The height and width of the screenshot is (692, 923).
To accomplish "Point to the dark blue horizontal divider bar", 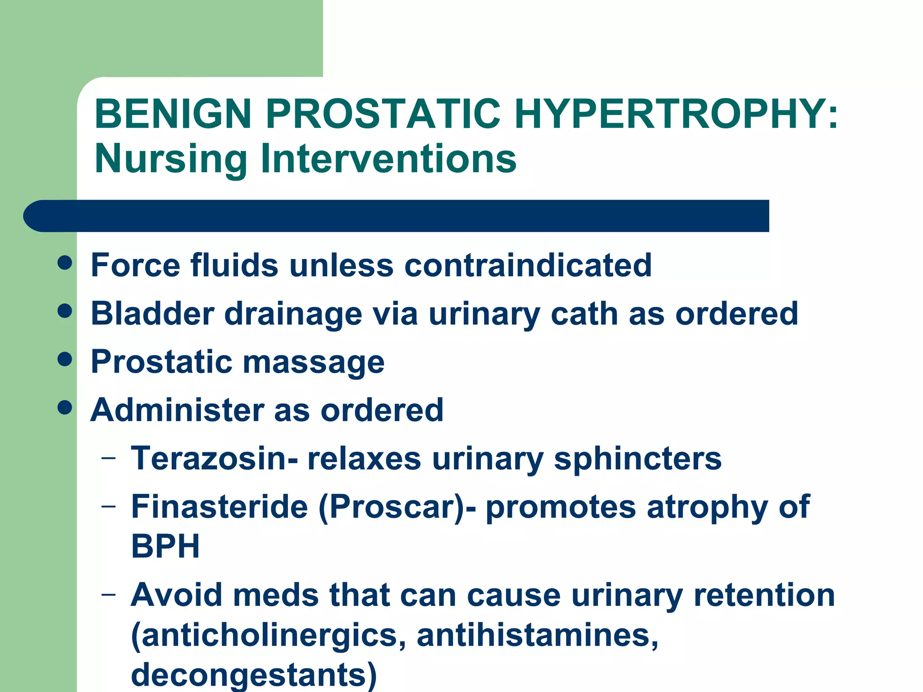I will point(397,216).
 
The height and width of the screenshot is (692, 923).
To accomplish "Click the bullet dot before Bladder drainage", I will point(65,311).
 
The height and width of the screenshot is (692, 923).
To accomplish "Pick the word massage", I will point(314,363).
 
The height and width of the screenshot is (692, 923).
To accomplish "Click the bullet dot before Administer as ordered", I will point(65,407).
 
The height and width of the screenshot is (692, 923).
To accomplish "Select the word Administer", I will point(177,410).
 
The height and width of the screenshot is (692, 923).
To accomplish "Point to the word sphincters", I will point(638,460).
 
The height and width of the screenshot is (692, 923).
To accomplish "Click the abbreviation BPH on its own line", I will point(165,546).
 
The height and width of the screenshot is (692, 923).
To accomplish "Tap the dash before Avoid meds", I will point(108,594).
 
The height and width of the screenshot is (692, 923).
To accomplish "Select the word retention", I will point(764,596).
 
